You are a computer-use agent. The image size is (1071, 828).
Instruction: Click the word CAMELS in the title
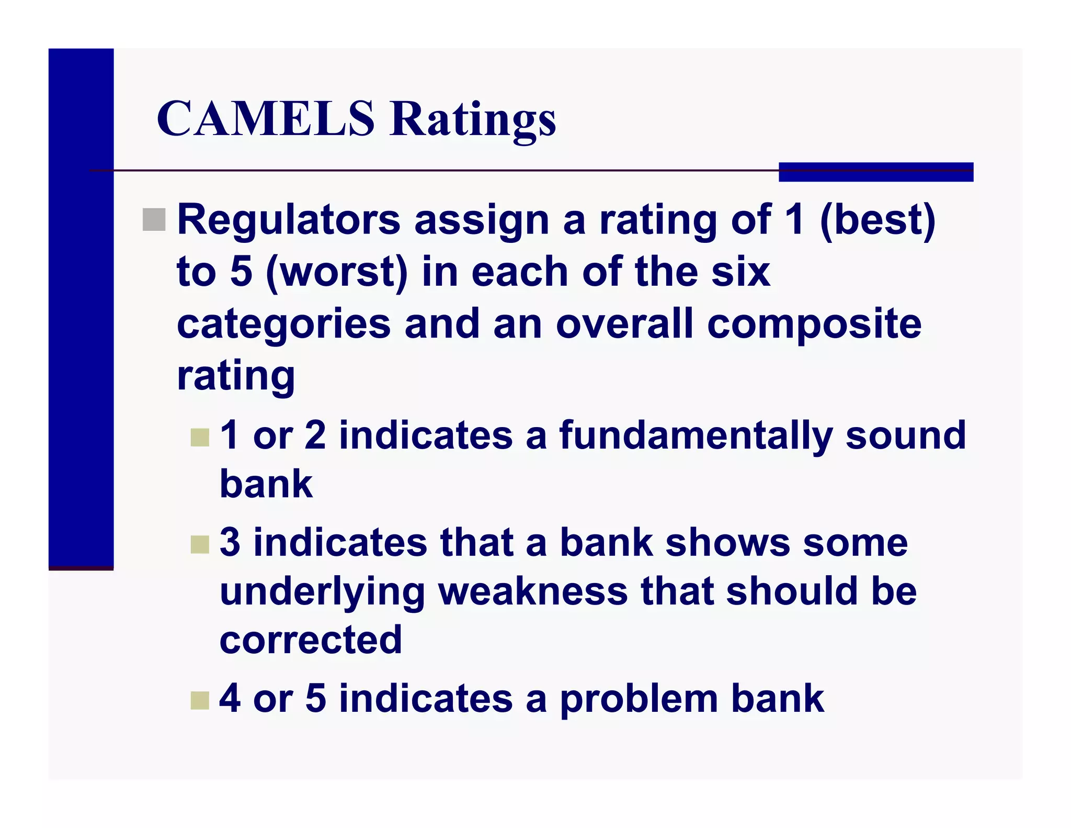(266, 119)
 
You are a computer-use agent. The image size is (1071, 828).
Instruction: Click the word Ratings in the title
(473, 120)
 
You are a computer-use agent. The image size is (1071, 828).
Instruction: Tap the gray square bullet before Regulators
(154, 219)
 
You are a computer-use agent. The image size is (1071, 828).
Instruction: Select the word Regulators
(289, 220)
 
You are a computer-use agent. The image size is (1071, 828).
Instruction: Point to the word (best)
(878, 220)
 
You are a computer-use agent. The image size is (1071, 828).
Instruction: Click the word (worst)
(337, 272)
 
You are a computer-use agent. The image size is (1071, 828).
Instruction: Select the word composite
(814, 325)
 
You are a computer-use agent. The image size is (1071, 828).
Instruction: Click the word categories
(283, 325)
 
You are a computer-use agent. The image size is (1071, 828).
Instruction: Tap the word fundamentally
(696, 435)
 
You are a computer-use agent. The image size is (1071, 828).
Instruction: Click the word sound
(905, 435)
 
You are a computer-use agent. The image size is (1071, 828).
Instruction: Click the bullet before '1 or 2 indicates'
(200, 438)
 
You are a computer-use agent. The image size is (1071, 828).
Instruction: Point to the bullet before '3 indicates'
(200, 544)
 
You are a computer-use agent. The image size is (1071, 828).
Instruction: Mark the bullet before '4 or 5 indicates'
(200, 700)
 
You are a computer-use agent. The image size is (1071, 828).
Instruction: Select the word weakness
(533, 591)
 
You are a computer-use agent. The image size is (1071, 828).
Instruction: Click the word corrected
(311, 640)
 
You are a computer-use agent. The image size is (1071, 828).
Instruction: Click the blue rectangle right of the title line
(875, 172)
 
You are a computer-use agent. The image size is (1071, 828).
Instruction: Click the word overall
(624, 325)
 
